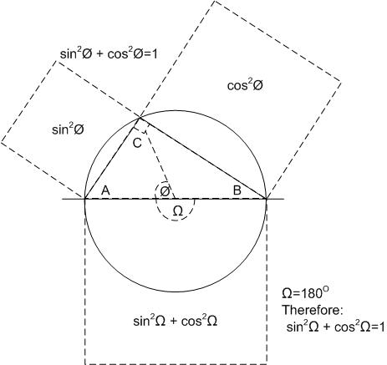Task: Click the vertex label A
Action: coord(105,190)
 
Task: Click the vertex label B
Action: coord(237,190)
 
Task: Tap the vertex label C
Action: coord(137,144)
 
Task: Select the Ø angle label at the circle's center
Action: coord(165,191)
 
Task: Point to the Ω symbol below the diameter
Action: coord(178,211)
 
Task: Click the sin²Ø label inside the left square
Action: coord(68,129)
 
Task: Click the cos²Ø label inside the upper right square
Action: coord(245,85)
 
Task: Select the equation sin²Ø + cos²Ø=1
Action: coord(109,53)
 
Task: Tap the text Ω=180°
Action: coord(306,293)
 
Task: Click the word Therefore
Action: coord(313,310)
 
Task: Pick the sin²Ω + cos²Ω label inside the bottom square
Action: coord(176,322)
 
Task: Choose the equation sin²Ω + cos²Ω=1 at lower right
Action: coord(336,327)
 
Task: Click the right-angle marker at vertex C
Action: coord(141,126)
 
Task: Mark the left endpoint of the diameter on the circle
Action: coord(85,199)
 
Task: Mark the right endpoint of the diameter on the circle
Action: coord(267,199)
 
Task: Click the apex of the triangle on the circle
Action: coord(140,118)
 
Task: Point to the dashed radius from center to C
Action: coord(157,159)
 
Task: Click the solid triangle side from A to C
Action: coord(112,159)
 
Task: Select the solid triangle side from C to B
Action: coord(203,159)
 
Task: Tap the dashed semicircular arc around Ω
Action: coord(175,221)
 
